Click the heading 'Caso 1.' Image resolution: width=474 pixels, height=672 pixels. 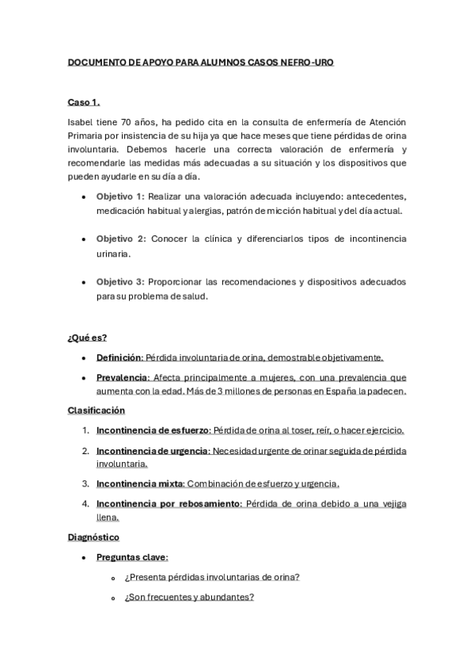click(83, 103)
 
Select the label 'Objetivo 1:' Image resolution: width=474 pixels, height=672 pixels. click(120, 196)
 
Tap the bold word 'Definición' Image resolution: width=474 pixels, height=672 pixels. click(119, 357)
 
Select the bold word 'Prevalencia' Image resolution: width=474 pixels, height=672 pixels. click(122, 376)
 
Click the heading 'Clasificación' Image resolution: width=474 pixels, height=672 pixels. click(97, 410)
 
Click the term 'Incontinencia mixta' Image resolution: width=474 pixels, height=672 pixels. click(138, 483)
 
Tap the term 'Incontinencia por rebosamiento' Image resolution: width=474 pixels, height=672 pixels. click(169, 503)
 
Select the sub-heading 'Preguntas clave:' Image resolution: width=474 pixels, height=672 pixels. click(132, 557)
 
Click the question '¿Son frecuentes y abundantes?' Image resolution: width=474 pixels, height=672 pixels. click(188, 597)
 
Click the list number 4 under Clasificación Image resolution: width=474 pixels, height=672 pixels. click(85, 503)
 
